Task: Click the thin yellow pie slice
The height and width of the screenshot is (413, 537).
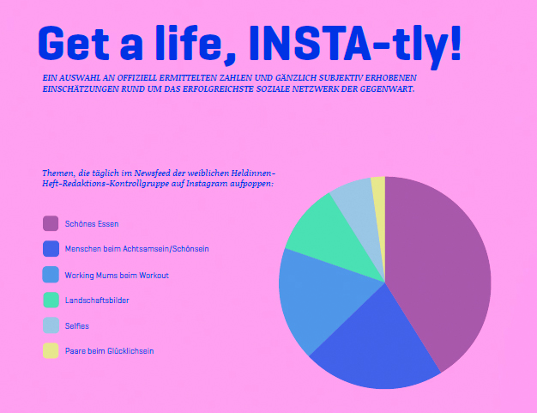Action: click(x=379, y=206)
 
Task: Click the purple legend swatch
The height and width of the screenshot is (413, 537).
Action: click(x=51, y=223)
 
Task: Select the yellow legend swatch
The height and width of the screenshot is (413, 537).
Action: click(x=51, y=350)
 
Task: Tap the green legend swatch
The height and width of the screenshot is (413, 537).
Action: click(x=51, y=300)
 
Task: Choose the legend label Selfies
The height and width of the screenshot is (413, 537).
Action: click(x=77, y=326)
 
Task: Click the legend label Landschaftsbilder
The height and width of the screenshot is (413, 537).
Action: click(x=97, y=301)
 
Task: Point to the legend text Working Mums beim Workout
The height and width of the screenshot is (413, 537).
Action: click(x=117, y=276)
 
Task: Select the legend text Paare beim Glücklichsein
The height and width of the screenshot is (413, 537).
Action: click(x=109, y=351)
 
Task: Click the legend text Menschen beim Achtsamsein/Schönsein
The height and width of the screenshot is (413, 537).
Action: click(x=137, y=249)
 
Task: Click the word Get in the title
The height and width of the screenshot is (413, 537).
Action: click(x=73, y=44)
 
